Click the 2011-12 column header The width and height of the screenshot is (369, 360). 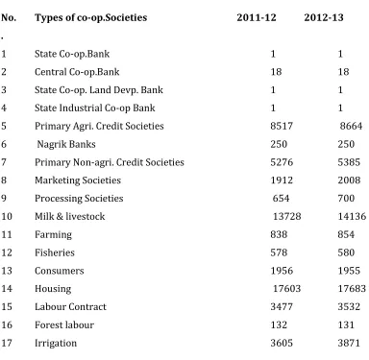(x=257, y=17)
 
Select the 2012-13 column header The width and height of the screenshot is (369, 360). (x=324, y=17)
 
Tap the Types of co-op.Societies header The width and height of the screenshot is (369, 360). (x=91, y=18)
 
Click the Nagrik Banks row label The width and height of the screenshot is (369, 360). (x=66, y=144)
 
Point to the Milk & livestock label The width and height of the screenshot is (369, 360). (x=70, y=216)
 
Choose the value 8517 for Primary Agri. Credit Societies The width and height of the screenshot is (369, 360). (x=282, y=126)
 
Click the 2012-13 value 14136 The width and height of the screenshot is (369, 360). (x=352, y=216)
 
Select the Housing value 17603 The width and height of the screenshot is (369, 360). (x=286, y=289)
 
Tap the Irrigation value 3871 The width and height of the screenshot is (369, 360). (x=349, y=343)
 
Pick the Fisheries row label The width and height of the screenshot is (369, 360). (x=55, y=252)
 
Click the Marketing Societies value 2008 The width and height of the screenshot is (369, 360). (x=349, y=180)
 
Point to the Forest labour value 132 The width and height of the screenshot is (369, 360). (x=279, y=324)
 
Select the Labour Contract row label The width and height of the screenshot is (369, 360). (x=70, y=306)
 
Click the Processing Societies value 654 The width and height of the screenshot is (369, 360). (x=281, y=198)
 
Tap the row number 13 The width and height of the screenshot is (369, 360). (x=7, y=271)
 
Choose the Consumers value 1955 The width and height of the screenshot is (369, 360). (x=349, y=271)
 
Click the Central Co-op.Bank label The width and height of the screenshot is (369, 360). (x=77, y=72)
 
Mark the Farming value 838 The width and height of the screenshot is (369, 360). (x=279, y=234)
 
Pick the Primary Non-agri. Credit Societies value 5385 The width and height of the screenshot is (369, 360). (x=349, y=162)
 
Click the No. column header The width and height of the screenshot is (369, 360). (x=9, y=17)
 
